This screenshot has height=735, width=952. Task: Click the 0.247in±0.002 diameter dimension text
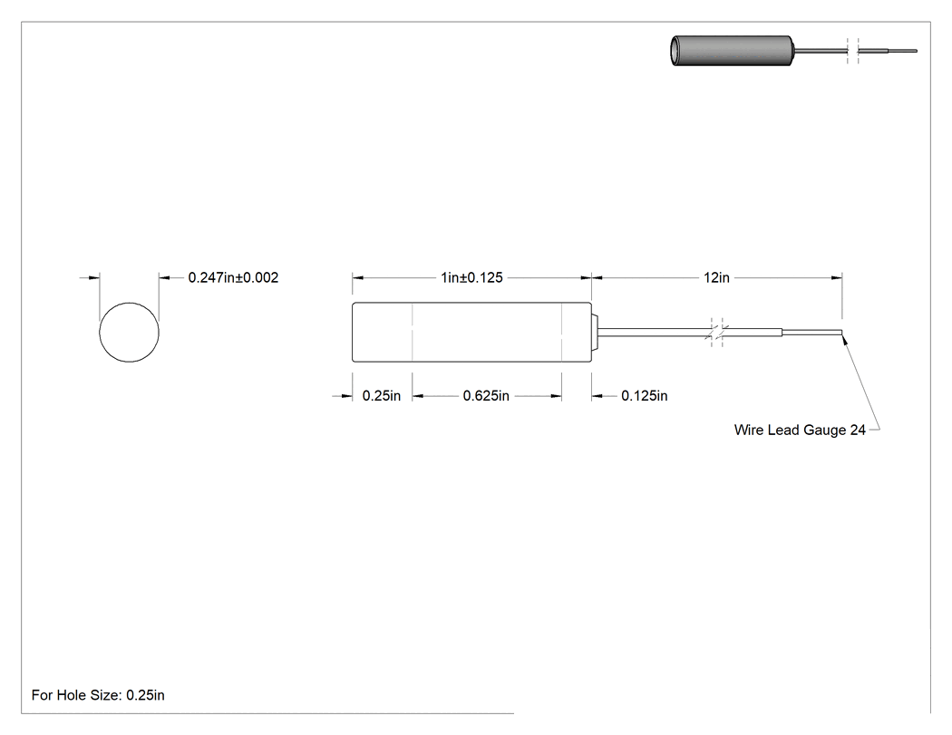point(233,277)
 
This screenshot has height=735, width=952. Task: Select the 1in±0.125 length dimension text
point(471,277)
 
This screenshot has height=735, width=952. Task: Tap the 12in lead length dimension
point(716,277)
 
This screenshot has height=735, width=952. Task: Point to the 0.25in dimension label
point(382,396)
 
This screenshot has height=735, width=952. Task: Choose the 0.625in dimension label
point(486,396)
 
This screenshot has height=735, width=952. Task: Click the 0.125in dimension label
point(644,396)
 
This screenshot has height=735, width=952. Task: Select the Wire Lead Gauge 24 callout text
point(800,430)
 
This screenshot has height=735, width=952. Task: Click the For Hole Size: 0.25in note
point(98,695)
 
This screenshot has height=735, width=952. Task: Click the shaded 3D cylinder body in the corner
point(732,51)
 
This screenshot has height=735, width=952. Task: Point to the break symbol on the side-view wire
point(716,332)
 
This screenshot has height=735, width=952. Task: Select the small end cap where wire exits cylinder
point(595,332)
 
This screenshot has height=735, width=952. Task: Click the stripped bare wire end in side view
point(811,332)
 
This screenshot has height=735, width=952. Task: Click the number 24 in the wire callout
point(858,430)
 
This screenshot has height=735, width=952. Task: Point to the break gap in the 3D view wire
point(853,51)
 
